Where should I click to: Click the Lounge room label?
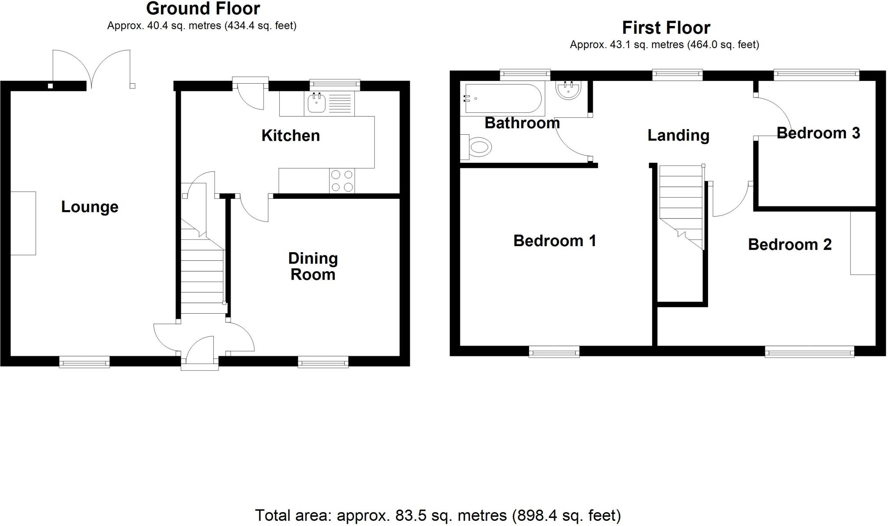coord(90,207)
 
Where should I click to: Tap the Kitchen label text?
coord(291,136)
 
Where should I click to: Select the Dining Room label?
coord(313,266)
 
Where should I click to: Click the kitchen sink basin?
coord(317,104)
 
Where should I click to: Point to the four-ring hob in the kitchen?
coord(342,181)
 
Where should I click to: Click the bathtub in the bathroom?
coord(503,98)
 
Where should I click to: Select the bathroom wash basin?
coord(568,91)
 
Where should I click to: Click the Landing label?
coord(678,135)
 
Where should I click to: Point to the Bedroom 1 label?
coord(555,240)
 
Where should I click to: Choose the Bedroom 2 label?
coord(790,244)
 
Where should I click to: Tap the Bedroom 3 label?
coord(818,133)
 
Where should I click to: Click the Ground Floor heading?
coord(203,9)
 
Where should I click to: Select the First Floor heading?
coord(666,28)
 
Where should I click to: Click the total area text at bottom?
coord(437,515)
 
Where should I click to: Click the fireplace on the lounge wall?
coord(23,223)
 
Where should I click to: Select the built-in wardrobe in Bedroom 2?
coord(863,243)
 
